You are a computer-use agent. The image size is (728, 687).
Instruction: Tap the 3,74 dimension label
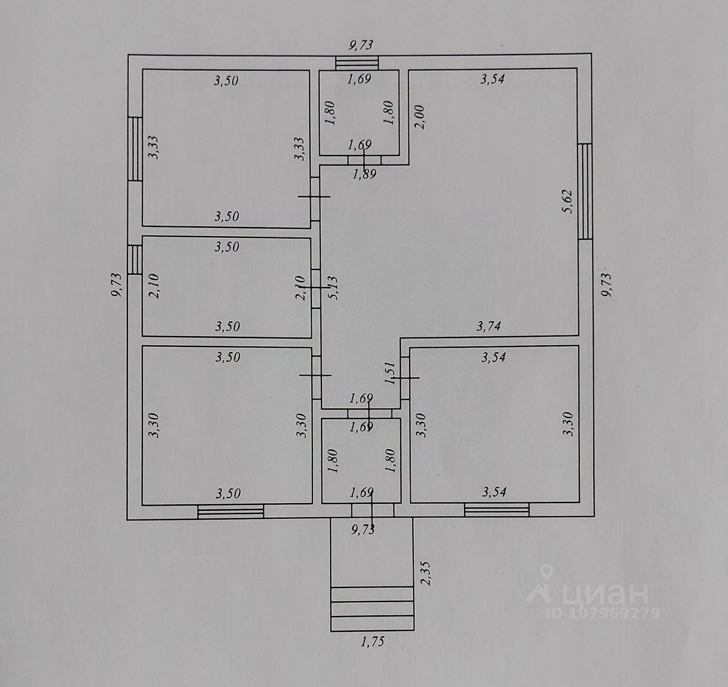coord(488,327)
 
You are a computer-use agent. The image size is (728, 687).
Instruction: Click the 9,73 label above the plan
coord(360,44)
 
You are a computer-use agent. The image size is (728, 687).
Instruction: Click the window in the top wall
coord(357,62)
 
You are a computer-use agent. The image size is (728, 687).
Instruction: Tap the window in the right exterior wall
coord(585,191)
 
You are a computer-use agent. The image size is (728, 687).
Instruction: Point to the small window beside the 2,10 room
coord(135,260)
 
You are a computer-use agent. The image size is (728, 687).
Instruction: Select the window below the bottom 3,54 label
coord(497,510)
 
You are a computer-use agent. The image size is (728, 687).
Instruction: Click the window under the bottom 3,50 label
coord(231,512)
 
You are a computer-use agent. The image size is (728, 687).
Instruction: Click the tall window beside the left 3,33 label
coord(135,149)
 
